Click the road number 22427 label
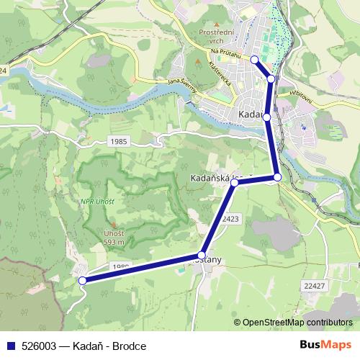(x=315, y=287)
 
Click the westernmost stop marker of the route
(x=83, y=281)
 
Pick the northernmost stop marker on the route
(x=254, y=59)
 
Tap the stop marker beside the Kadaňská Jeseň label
(x=235, y=184)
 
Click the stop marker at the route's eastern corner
(x=277, y=177)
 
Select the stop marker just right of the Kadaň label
(x=266, y=117)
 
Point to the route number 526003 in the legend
(x=40, y=346)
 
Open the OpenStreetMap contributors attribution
(x=297, y=323)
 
